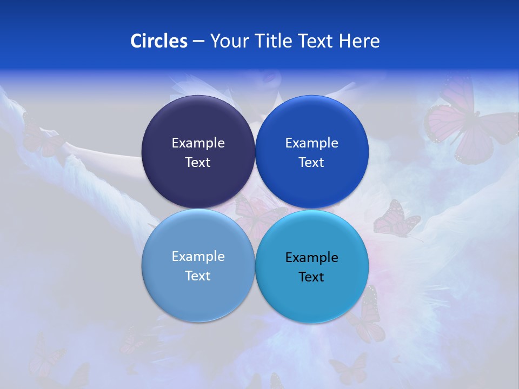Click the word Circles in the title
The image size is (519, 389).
158,41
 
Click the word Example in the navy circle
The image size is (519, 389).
198,143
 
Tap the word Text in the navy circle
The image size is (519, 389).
198,163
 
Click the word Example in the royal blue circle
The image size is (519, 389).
312,143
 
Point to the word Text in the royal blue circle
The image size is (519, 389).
312,163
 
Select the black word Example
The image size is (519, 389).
312,258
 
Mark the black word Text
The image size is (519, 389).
312,277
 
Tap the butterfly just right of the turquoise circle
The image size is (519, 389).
396,219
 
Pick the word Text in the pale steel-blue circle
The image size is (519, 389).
198,276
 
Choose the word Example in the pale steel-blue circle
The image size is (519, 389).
198,257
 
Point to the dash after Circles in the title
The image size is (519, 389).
198,41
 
